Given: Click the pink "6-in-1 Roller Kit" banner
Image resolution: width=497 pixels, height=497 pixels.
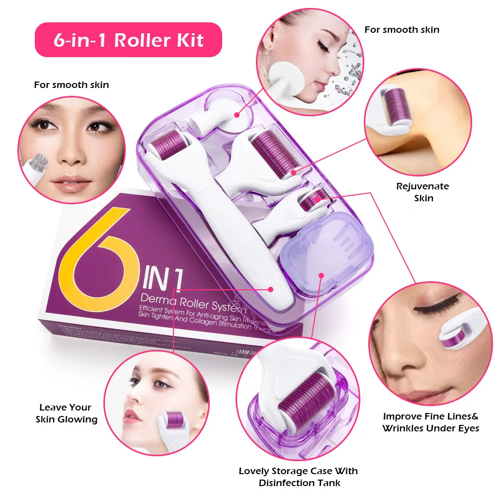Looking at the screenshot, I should pos(128,40).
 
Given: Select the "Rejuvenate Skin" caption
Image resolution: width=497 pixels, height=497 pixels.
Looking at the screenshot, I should pos(422,192).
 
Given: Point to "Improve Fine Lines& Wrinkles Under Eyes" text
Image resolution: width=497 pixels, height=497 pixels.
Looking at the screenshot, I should pos(430,422).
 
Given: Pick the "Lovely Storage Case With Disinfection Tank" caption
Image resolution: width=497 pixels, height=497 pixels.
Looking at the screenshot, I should pos(298,477).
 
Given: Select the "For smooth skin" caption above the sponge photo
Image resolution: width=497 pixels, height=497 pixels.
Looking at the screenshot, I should pos(402,30).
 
